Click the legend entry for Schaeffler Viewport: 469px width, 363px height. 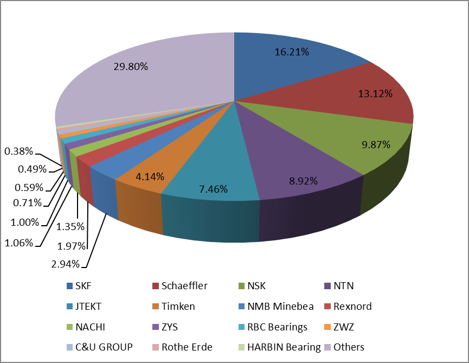pyautogui.click(x=182, y=286)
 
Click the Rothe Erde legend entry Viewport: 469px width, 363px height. pyautogui.click(x=186, y=347)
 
